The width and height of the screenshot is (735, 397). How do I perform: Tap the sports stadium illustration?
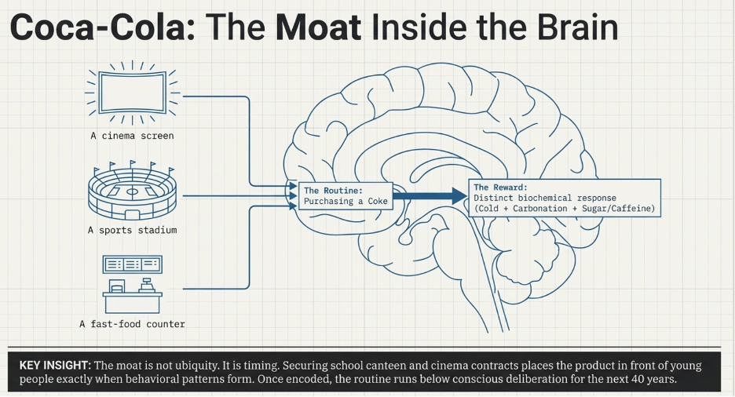132,192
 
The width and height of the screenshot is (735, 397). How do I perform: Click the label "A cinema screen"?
132,136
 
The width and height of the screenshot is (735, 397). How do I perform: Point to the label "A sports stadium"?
132,230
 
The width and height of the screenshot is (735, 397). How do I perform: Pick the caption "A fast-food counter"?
132,323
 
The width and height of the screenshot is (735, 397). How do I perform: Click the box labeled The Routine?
345,196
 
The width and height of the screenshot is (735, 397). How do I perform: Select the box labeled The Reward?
565,198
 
